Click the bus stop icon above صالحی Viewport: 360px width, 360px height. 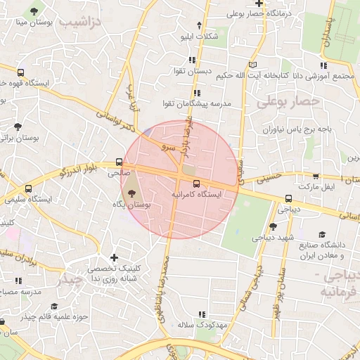tap(119, 162)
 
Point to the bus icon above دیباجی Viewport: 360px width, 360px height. tap(288, 198)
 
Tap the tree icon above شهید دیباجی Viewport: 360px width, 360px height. tap(273, 226)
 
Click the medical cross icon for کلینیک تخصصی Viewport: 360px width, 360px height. tap(115, 258)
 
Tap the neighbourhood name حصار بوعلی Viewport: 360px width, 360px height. tap(288, 101)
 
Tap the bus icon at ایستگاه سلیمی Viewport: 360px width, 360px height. tap(29, 188)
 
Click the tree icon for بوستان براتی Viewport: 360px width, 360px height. tap(17, 127)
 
